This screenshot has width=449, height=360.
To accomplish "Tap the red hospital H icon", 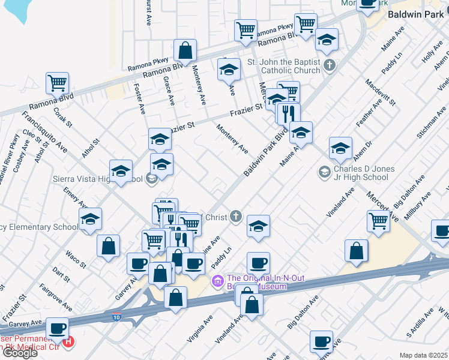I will tap(68, 342).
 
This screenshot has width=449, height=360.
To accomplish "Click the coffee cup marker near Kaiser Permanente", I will tap(58, 329).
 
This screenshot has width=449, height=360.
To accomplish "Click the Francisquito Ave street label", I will tap(46, 133).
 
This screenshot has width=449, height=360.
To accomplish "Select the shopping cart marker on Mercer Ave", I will tap(378, 221).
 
